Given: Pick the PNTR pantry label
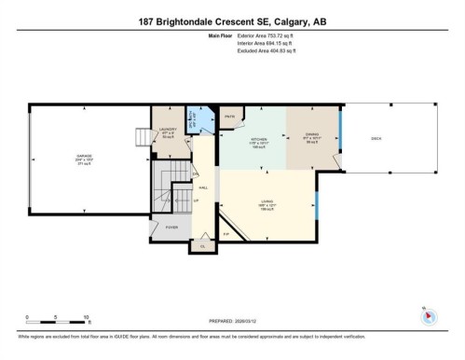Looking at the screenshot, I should [x=228, y=117].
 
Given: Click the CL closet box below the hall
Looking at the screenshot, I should [x=202, y=246].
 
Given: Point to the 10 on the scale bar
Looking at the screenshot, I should [x=86, y=317].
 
